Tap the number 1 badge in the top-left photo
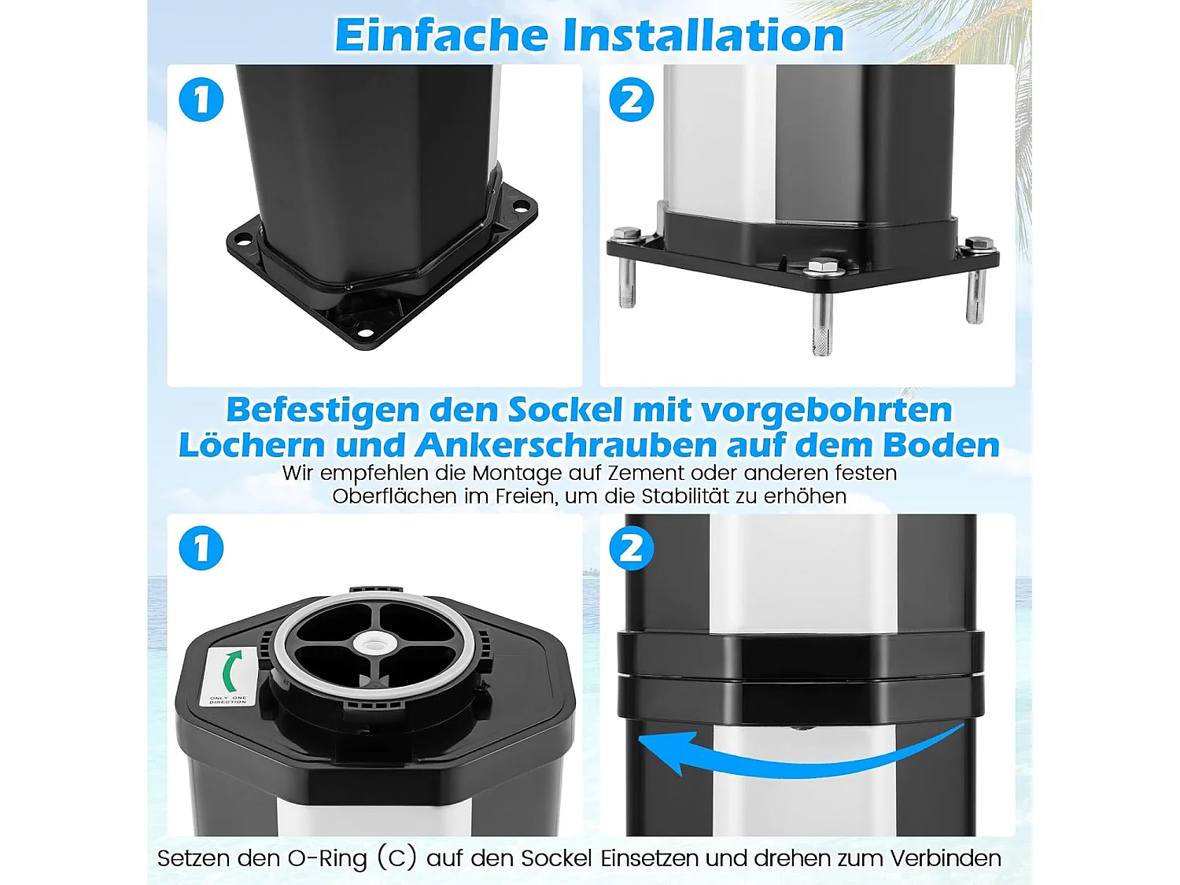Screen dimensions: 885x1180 click(201, 100)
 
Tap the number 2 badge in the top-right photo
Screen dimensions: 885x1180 click(632, 100)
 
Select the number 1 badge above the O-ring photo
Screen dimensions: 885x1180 click(201, 548)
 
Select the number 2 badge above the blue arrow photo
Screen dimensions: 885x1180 click(632, 548)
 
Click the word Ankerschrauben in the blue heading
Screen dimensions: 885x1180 click(566, 445)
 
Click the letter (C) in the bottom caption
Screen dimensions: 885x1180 click(396, 857)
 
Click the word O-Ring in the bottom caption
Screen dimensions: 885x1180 click(327, 857)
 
